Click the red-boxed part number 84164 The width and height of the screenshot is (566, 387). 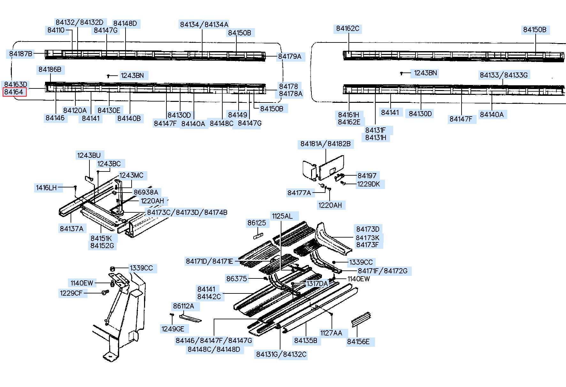pyautogui.click(x=14, y=92)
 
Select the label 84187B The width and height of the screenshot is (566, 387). pyautogui.click(x=21, y=54)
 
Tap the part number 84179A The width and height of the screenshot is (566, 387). pyautogui.click(x=289, y=57)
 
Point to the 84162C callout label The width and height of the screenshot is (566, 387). pyautogui.click(x=348, y=29)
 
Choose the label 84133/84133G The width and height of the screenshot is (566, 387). pyautogui.click(x=504, y=75)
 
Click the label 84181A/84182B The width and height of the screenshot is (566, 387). pyautogui.click(x=325, y=144)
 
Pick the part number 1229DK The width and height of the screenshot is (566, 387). pyautogui.click(x=369, y=184)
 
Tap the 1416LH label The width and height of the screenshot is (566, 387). pyautogui.click(x=46, y=188)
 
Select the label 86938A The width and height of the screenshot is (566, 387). pyautogui.click(x=146, y=192)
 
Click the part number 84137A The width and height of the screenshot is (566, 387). pyautogui.click(x=72, y=229)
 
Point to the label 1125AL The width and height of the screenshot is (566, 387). pyautogui.click(x=282, y=216)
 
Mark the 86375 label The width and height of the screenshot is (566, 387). pyautogui.click(x=237, y=279)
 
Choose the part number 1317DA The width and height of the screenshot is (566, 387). pyautogui.click(x=317, y=284)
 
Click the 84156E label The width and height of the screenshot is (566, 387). pyautogui.click(x=358, y=342)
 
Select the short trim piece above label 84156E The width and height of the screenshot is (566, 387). pyautogui.click(x=361, y=319)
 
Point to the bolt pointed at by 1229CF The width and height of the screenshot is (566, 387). pyautogui.click(x=104, y=292)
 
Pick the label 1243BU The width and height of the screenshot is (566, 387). pyautogui.click(x=89, y=156)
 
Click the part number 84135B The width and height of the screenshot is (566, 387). pyautogui.click(x=306, y=341)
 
